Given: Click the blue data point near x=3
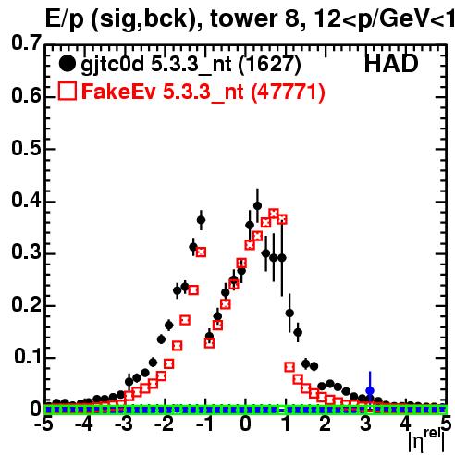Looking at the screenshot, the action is coord(370,390).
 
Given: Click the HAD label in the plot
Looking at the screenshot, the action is coord(391,64).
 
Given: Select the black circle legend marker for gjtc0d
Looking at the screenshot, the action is coord(67,64).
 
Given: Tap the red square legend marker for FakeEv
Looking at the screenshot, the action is coord(67,91).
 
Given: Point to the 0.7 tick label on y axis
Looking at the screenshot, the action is coord(27,43).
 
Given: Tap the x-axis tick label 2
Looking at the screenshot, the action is coord(326,424).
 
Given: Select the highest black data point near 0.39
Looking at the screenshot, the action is coord(258,205).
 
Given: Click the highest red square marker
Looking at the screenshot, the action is coord(274,214).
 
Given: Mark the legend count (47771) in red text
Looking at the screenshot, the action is coord(288,92).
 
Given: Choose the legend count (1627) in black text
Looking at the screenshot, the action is coord(269,65).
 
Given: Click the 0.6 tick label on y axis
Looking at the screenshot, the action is coord(27,95).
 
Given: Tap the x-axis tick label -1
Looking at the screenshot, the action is coord(204,424).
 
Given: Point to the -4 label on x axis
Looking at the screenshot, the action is coord(83,424).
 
